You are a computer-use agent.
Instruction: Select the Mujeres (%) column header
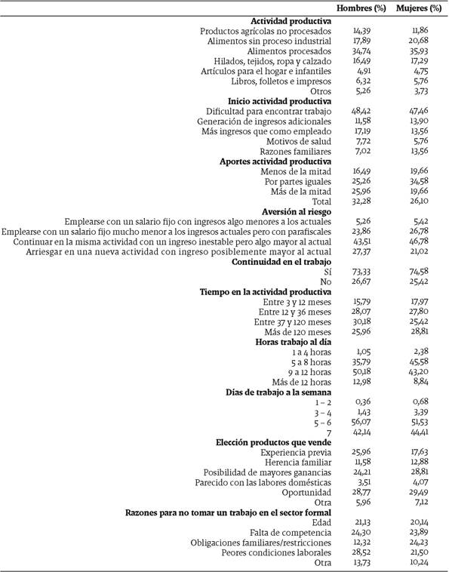pos(420,8)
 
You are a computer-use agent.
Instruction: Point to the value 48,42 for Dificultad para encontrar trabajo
pos(365,111)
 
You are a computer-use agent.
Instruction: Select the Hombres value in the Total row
pos(365,201)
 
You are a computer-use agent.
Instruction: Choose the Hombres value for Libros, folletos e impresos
pos(365,81)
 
